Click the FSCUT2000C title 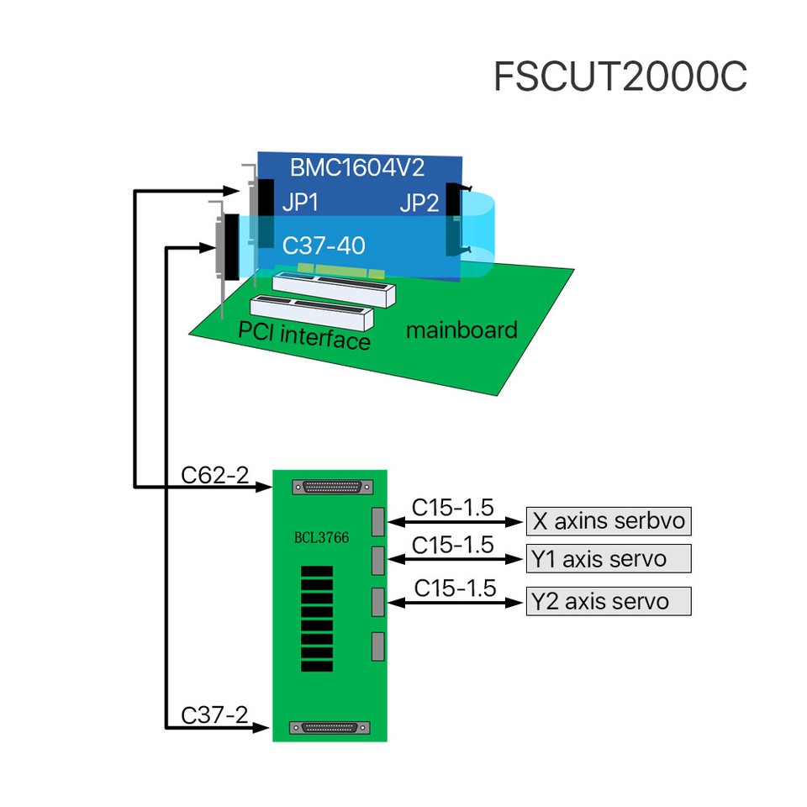(620, 77)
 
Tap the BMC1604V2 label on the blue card (356, 167)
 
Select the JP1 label (300, 203)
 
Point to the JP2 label (419, 203)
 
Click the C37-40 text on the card (324, 245)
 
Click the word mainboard (462, 330)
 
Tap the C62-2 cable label (215, 475)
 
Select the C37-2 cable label (215, 715)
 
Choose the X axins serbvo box (609, 521)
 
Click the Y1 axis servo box (609, 558)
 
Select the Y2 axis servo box (609, 601)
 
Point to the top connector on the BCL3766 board (330, 487)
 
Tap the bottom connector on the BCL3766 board (330, 728)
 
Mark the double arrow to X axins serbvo (454, 522)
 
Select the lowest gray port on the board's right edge (377, 646)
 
